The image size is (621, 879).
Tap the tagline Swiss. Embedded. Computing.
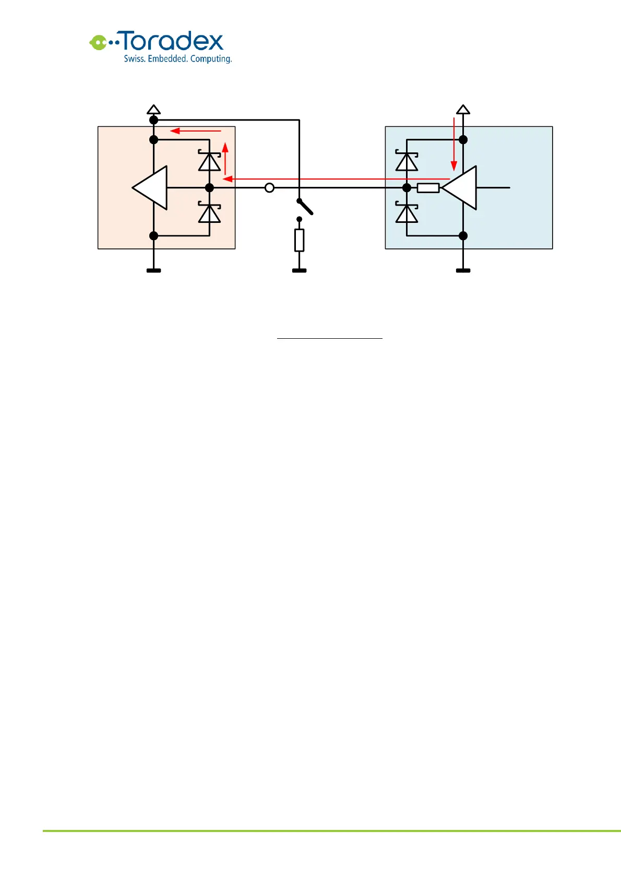point(177,59)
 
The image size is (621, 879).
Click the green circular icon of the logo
point(97,42)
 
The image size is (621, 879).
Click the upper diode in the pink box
point(209,161)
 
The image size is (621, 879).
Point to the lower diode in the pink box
point(209,213)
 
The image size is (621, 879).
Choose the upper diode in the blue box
point(407,161)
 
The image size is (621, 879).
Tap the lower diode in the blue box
point(407,213)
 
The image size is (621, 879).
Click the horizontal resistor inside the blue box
point(428,188)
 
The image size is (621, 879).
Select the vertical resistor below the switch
point(299,240)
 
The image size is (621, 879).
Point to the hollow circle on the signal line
point(269,188)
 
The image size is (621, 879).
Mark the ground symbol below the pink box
point(153,270)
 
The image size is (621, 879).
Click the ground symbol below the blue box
point(463,270)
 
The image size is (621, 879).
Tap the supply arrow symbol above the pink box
point(153,110)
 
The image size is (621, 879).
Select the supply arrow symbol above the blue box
point(463,110)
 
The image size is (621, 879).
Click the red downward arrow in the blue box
point(454,144)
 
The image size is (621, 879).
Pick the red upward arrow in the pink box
point(225,158)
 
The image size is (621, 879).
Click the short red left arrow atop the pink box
point(196,131)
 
